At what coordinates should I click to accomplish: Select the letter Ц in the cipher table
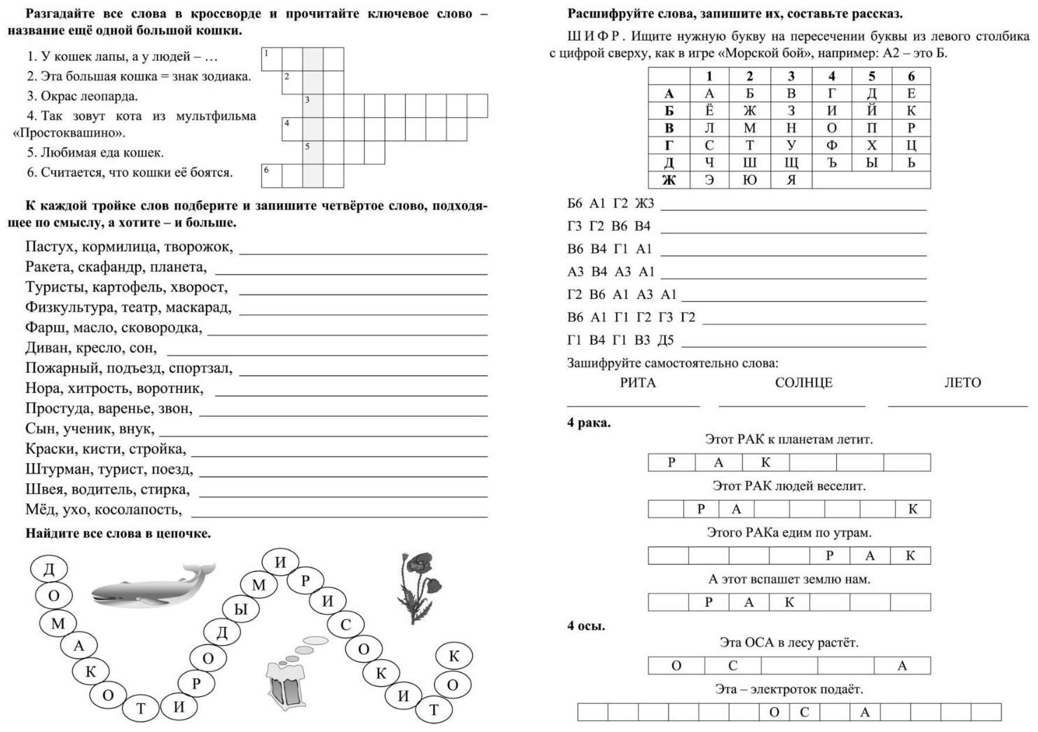910,146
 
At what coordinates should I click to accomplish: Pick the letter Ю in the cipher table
749,180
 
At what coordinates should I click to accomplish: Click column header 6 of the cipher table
910,76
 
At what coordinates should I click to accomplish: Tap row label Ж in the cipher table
669,180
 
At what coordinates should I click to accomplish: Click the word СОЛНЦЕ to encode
803,383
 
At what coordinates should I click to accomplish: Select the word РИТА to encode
638,383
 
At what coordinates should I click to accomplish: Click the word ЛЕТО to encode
962,383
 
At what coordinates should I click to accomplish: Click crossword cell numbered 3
313,106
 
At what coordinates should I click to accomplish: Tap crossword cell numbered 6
271,176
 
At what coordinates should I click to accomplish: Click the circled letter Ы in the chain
240,609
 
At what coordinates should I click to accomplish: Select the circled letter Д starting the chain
49,569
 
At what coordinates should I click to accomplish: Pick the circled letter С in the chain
345,624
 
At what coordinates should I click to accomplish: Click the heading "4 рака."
589,423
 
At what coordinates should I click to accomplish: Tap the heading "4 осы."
586,626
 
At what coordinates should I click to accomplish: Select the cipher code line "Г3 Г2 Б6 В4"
609,226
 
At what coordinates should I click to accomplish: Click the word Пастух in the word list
50,247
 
